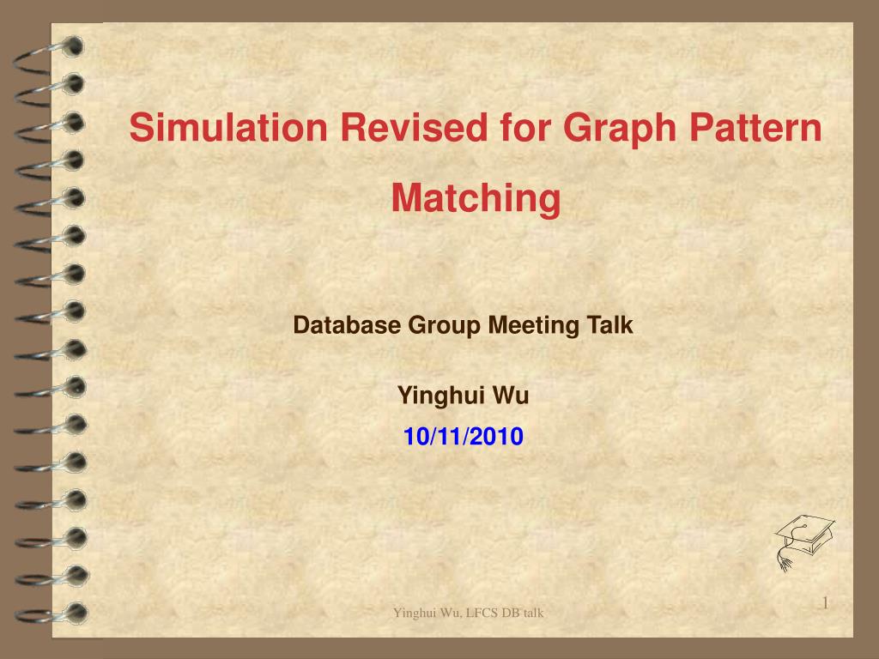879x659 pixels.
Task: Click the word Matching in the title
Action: pyautogui.click(x=476, y=199)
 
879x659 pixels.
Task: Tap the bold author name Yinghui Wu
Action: pyautogui.click(x=463, y=396)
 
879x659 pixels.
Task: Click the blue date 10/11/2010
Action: pyautogui.click(x=463, y=437)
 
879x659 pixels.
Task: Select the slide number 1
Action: pyautogui.click(x=825, y=604)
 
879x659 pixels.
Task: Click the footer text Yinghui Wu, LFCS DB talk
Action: pyautogui.click(x=468, y=613)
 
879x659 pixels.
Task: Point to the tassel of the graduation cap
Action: pyautogui.click(x=783, y=559)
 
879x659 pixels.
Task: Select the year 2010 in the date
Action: pyautogui.click(x=495, y=437)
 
